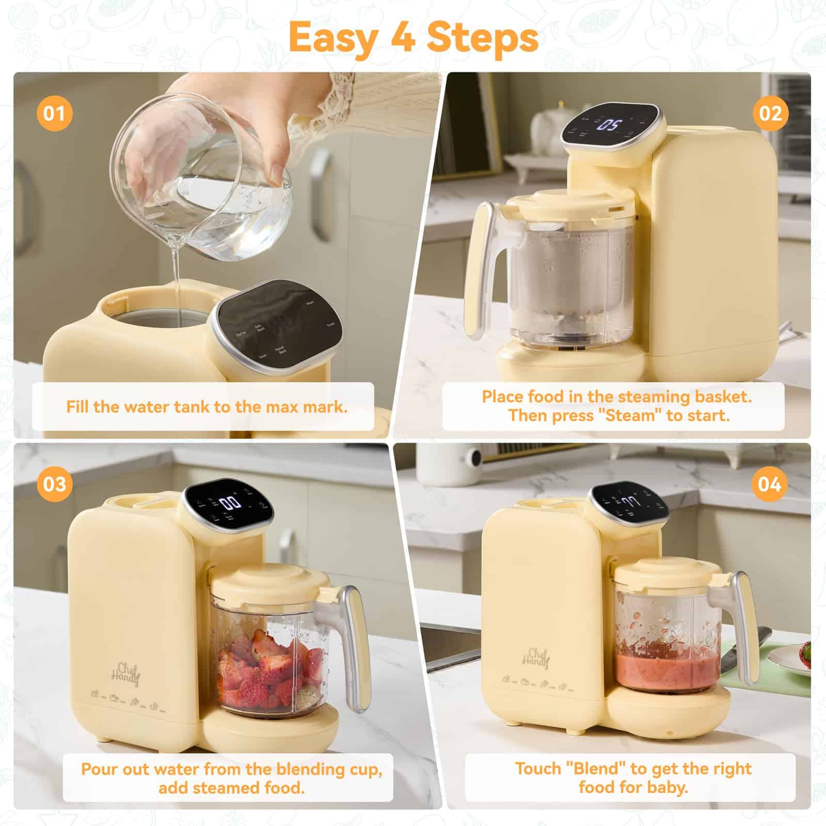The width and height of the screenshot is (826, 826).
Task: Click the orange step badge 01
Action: click(x=54, y=113)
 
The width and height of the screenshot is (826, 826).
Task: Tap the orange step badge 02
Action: click(x=770, y=113)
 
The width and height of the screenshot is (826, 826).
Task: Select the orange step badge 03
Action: click(x=54, y=484)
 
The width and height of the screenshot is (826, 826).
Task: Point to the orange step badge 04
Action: click(x=770, y=484)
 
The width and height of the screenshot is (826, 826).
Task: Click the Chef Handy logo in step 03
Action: click(x=126, y=673)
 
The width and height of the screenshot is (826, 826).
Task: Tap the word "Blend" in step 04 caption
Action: click(x=599, y=769)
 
